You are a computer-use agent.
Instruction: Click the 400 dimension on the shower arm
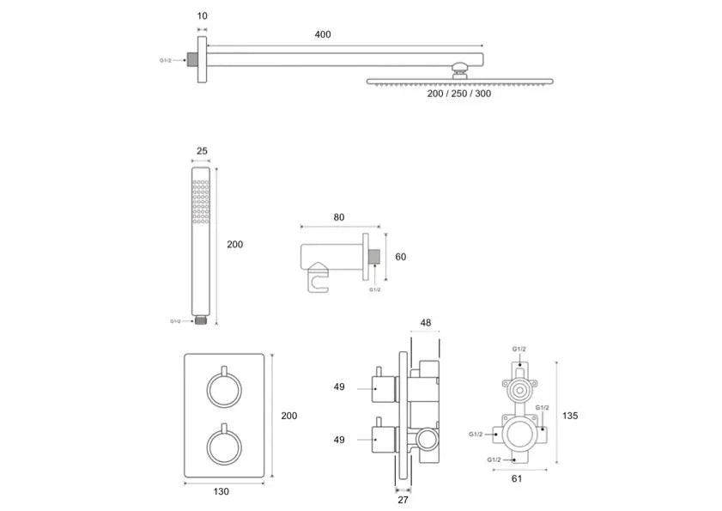(323, 34)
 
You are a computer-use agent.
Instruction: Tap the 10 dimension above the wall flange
(202, 16)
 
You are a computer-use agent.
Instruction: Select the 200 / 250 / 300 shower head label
(459, 94)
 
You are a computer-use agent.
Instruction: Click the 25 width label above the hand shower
(202, 150)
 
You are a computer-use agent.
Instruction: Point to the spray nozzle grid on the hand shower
(201, 202)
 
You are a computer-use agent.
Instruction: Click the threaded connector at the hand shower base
(200, 319)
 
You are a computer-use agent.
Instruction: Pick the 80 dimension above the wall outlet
(339, 217)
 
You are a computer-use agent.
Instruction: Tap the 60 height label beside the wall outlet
(401, 257)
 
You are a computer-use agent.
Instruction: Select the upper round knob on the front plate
(224, 389)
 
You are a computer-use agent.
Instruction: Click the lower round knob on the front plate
(224, 446)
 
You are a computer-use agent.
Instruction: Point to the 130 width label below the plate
(221, 491)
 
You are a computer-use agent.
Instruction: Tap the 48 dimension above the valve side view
(426, 323)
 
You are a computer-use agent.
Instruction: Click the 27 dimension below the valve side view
(403, 500)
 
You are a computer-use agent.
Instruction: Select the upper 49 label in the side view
(339, 386)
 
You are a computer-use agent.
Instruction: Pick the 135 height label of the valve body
(570, 416)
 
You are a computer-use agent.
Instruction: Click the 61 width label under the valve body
(517, 478)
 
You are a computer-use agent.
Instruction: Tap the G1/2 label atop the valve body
(519, 350)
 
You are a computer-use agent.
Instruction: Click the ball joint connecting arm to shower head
(459, 70)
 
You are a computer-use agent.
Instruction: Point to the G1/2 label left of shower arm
(166, 60)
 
